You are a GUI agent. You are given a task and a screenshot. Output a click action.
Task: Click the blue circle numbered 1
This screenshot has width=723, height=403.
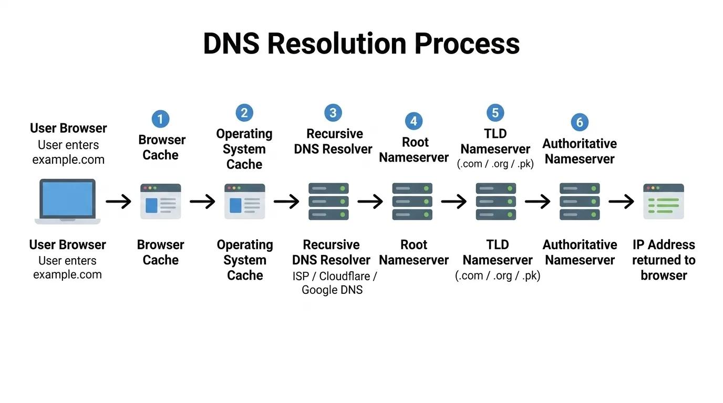pyautogui.click(x=160, y=119)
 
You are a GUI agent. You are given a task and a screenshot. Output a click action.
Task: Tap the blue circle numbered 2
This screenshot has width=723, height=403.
pyautogui.click(x=244, y=113)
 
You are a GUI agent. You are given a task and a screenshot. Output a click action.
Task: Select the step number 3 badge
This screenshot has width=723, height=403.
pyautogui.click(x=333, y=113)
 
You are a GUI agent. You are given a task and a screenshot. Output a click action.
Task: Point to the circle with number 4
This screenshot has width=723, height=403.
pyautogui.click(x=414, y=121)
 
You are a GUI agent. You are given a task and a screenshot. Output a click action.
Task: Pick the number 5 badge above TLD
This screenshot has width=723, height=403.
pyautogui.click(x=495, y=113)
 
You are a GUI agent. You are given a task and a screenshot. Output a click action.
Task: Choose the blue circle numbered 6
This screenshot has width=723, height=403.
pyautogui.click(x=580, y=122)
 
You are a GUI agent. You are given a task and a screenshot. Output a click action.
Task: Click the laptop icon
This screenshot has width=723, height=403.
pyautogui.click(x=67, y=201)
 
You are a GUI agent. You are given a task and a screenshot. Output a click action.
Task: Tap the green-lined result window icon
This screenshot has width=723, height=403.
pyautogui.click(x=664, y=201)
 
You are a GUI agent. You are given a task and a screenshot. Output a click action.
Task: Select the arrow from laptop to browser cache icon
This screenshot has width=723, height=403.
pyautogui.click(x=118, y=201)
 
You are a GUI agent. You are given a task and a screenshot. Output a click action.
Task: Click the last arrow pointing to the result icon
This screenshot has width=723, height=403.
pyautogui.click(x=621, y=201)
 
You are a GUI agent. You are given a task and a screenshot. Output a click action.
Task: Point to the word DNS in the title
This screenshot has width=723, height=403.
pyautogui.click(x=231, y=44)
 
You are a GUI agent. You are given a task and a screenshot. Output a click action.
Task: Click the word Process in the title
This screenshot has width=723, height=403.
pyautogui.click(x=467, y=44)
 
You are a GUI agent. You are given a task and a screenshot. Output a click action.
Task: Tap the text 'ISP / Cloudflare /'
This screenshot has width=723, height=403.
pyautogui.click(x=334, y=277)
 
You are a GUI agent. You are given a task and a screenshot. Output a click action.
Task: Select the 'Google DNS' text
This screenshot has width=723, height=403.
pyautogui.click(x=332, y=290)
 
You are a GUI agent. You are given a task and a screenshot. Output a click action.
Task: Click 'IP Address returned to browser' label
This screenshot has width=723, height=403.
pyautogui.click(x=664, y=260)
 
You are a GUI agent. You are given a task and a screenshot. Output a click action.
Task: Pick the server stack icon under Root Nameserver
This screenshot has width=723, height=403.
pyautogui.click(x=412, y=201)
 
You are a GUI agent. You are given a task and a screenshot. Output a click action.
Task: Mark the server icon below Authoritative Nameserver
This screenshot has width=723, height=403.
pyautogui.click(x=580, y=201)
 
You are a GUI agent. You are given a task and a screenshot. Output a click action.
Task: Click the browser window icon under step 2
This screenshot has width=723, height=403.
pyautogui.click(x=245, y=201)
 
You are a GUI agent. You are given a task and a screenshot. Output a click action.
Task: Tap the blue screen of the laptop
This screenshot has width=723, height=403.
pyautogui.click(x=68, y=198)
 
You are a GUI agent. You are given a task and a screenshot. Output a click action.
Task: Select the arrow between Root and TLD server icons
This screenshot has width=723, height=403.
pyautogui.click(x=454, y=201)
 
